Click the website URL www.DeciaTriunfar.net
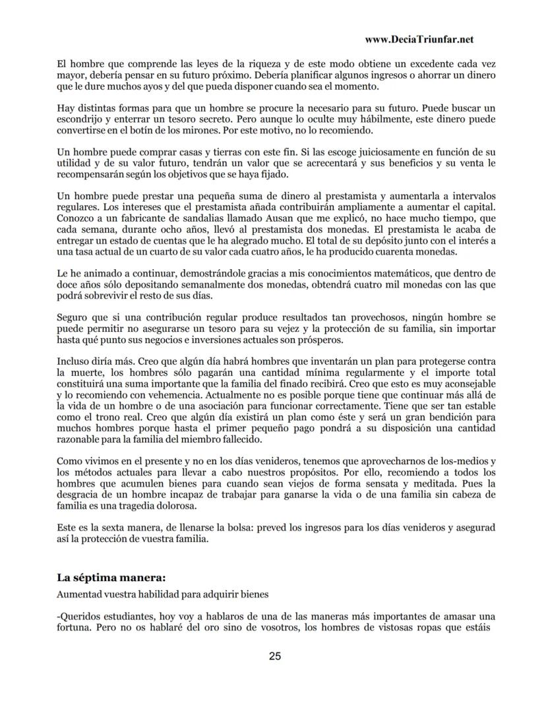coord(419,40)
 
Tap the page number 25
coord(275,656)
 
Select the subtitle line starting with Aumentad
coord(163,594)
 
